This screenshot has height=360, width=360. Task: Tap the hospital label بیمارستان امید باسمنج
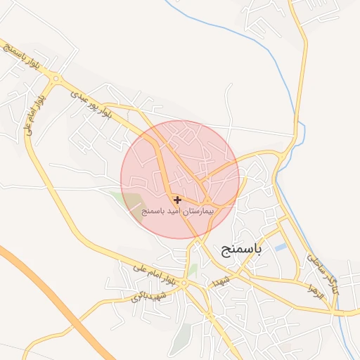179,211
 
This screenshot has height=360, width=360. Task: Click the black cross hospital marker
177,200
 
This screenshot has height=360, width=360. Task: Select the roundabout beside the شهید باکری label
184,284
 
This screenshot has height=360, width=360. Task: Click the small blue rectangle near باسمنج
281,247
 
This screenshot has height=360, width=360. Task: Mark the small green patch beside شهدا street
193,269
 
